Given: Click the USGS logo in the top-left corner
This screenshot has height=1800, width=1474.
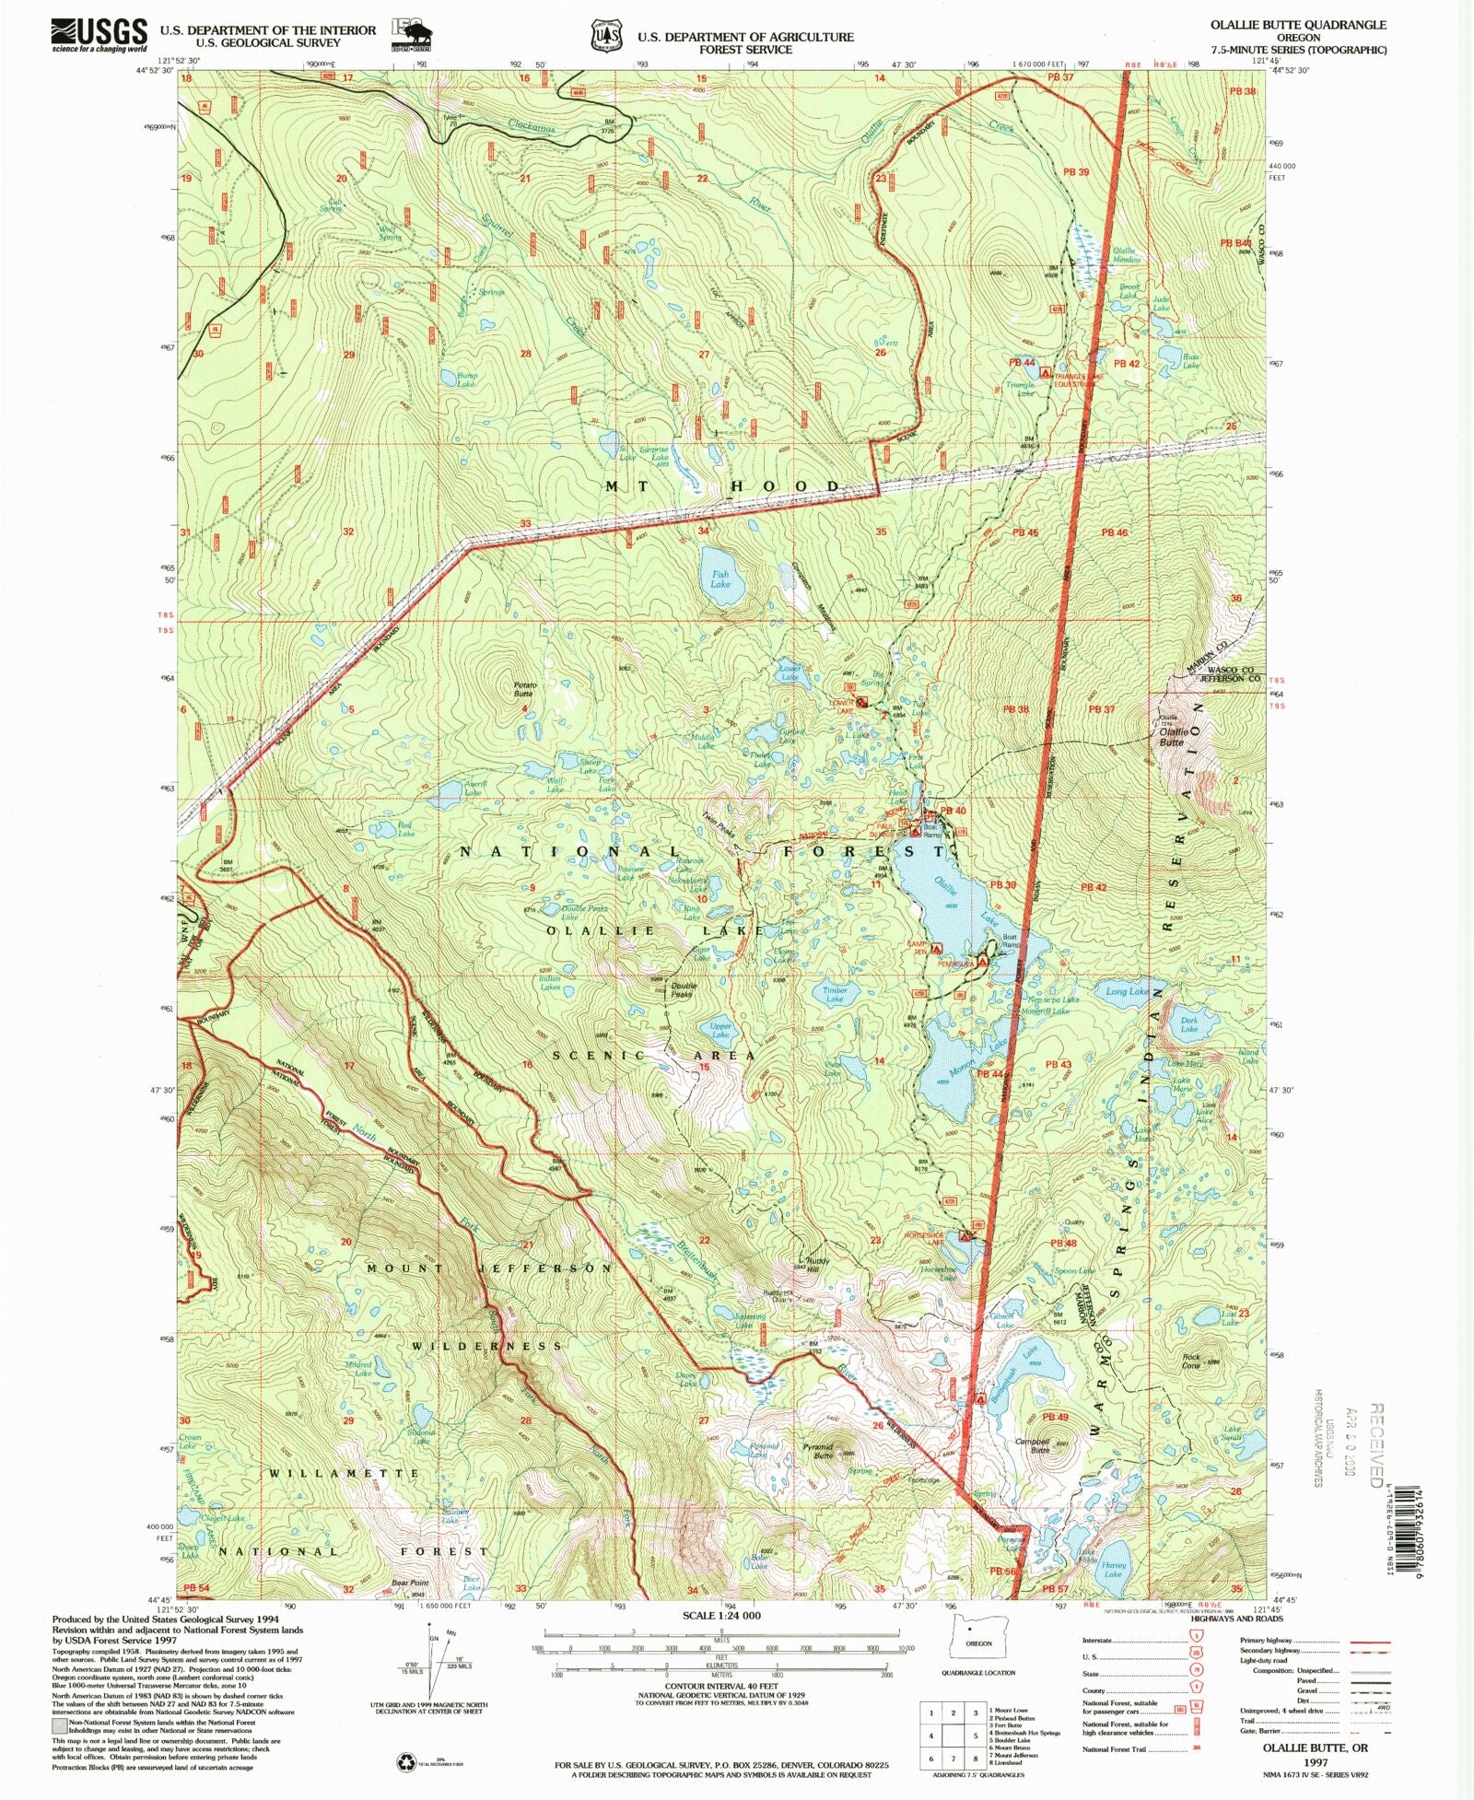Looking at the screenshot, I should [x=99, y=35].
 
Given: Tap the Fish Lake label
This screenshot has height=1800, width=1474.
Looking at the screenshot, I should [x=719, y=579].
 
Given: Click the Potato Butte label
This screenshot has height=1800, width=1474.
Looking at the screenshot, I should [x=524, y=689].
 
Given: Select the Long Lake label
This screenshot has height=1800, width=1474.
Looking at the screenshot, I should [x=1127, y=991].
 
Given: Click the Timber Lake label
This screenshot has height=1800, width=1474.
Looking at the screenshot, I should [x=835, y=995].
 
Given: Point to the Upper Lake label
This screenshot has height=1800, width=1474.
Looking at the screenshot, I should [x=720, y=1030].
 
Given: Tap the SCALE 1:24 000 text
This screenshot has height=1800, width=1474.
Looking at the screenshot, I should [x=720, y=1615].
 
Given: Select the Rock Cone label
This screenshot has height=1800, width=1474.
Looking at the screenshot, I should [x=1191, y=1361].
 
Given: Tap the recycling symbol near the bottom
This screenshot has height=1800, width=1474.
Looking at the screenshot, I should [x=406, y=1762].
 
